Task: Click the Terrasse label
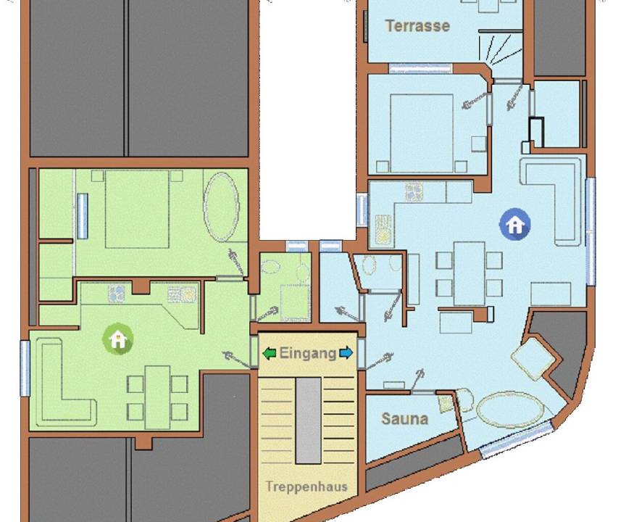417,26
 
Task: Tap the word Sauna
405,418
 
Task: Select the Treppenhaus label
306,486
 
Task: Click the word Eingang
308,353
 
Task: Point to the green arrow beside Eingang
270,353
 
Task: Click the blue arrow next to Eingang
346,353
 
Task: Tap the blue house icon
515,224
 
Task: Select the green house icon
118,339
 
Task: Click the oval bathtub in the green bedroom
221,207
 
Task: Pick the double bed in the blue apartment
422,133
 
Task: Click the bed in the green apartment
138,209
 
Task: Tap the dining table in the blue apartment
469,273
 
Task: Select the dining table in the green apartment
157,397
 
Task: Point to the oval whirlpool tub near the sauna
510,410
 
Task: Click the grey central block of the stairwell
308,420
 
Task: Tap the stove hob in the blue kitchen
414,193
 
